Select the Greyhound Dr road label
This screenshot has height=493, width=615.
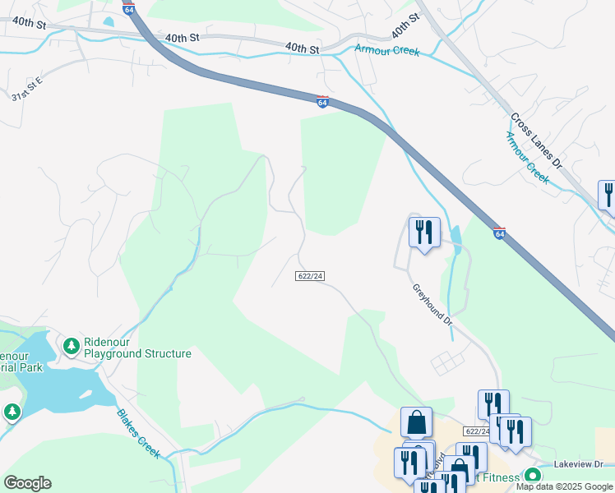[433, 305]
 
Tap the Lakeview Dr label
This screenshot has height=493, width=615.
[584, 464]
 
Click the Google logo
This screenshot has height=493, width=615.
[27, 483]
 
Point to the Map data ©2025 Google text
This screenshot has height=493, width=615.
[565, 486]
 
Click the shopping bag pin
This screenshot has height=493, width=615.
[417, 422]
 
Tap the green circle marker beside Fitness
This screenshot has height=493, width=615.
[533, 476]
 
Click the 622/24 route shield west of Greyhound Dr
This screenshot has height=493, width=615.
[310, 277]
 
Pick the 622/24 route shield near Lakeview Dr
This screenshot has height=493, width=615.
[477, 431]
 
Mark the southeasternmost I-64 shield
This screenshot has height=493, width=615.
[499, 234]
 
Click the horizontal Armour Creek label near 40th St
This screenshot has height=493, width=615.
[386, 51]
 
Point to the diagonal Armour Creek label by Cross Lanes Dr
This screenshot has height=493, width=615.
[527, 155]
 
